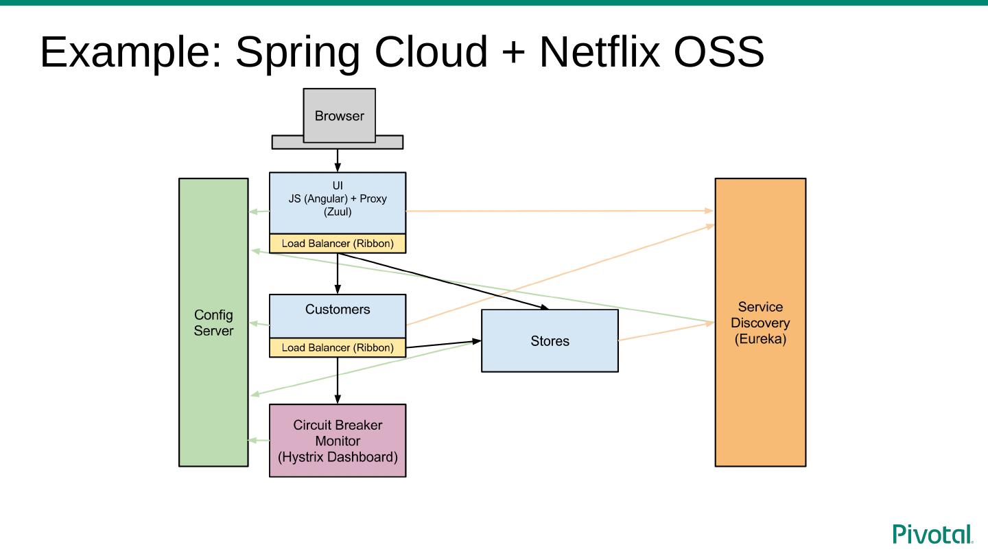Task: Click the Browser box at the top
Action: (x=339, y=115)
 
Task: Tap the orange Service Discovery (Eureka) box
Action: (x=760, y=398)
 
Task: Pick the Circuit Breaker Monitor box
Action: (x=338, y=441)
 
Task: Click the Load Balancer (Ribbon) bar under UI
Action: (x=338, y=244)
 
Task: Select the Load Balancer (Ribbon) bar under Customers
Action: (x=338, y=348)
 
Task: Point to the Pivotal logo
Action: (x=932, y=534)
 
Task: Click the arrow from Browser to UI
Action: (x=338, y=161)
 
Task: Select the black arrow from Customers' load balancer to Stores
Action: (x=443, y=344)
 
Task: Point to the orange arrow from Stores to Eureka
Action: (x=666, y=332)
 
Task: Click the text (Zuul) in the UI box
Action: (x=338, y=212)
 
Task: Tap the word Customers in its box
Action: (x=338, y=310)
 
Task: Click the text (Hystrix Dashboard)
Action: (x=338, y=456)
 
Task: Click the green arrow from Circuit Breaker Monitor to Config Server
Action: (x=259, y=440)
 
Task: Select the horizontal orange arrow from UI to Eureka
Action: (x=559, y=211)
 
